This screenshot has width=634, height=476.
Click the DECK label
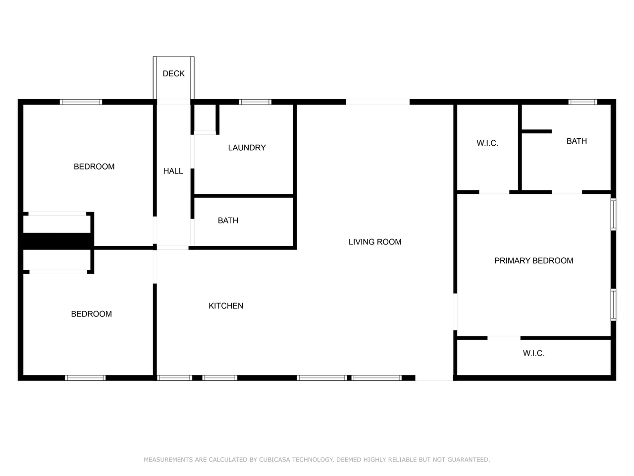(173, 73)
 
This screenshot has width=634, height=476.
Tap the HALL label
(173, 171)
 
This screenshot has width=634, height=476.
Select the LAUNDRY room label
(247, 148)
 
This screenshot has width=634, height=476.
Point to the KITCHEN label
(226, 306)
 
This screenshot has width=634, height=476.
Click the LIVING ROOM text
(375, 242)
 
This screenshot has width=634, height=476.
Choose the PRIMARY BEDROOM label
(533, 261)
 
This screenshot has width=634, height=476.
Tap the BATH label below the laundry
(228, 221)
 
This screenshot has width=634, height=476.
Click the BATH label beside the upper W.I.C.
(577, 141)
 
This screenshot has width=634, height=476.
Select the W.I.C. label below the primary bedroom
(533, 353)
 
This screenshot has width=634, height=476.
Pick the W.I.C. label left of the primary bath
(487, 143)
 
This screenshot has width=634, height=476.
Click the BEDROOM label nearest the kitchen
(92, 314)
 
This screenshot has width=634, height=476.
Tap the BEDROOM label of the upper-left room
(94, 167)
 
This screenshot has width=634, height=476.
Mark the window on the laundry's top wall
(255, 102)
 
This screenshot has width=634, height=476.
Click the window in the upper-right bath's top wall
(582, 102)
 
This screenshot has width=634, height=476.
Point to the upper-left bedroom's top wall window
(81, 102)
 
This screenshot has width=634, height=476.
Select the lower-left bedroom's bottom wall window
(85, 378)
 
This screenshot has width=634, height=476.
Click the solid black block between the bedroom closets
(57, 241)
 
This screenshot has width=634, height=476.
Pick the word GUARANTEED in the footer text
(468, 460)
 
